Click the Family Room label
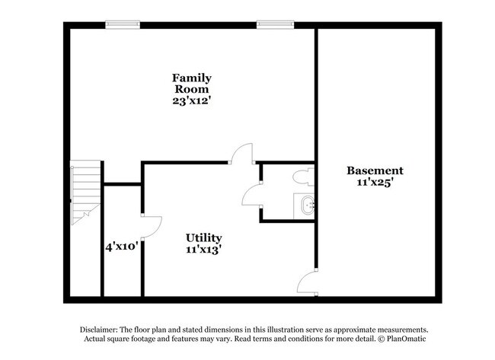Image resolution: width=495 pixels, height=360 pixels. [191, 83]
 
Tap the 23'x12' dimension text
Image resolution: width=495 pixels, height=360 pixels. [191, 99]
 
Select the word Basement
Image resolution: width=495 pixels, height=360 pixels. [375, 170]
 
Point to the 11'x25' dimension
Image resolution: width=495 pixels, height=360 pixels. [375, 183]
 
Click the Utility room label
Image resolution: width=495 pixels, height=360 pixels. [204, 237]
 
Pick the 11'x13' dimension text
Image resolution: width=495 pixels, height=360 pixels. [204, 249]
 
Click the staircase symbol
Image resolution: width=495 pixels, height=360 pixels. [85, 193]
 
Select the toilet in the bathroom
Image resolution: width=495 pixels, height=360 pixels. [303, 177]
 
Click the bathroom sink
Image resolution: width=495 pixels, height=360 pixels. [306, 205]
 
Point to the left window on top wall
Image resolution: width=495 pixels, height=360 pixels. [122, 24]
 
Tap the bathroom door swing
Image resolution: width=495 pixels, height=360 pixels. [251, 196]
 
